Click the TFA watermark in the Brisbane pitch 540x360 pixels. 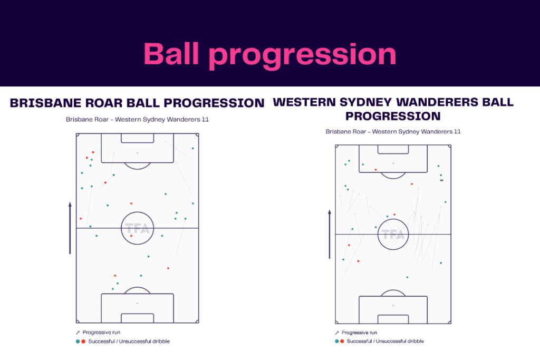point(137,228)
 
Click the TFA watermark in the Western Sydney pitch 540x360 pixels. point(393,234)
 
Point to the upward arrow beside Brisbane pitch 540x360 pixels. point(70,227)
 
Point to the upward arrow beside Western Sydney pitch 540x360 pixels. point(330,234)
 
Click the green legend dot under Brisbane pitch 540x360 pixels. point(78,342)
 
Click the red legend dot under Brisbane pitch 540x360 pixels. point(83,342)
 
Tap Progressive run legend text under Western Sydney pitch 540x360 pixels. point(359,333)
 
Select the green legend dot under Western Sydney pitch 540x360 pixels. point(336,341)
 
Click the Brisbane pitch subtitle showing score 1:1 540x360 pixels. point(137,120)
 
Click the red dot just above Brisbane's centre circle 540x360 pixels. point(131,203)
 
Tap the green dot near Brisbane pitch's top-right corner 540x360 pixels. point(192,149)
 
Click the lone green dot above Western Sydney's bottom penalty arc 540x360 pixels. point(407,277)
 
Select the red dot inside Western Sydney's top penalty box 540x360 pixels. point(375,170)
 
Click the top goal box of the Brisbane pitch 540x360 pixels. point(137,138)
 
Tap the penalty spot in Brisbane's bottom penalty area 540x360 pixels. point(137,303)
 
